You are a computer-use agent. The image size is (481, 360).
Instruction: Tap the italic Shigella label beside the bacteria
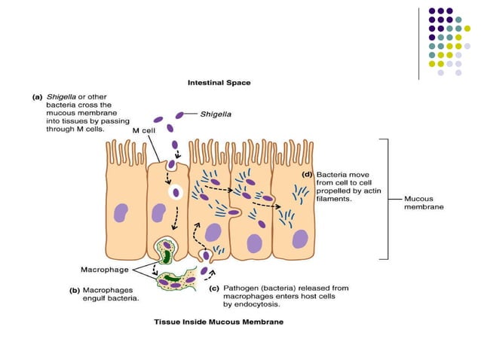[216, 114]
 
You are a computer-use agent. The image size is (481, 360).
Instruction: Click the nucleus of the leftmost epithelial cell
[121, 213]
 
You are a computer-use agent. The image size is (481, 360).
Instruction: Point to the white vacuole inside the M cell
[176, 192]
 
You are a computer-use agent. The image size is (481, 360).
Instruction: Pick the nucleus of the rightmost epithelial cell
[300, 239]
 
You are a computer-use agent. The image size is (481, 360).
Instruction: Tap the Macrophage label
[106, 269]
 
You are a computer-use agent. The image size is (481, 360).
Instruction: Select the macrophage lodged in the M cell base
[167, 248]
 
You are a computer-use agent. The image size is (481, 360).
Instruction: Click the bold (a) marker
[35, 96]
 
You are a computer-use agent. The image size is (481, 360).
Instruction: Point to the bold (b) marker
[75, 289]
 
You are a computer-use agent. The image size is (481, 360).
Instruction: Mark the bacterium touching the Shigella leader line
[180, 115]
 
